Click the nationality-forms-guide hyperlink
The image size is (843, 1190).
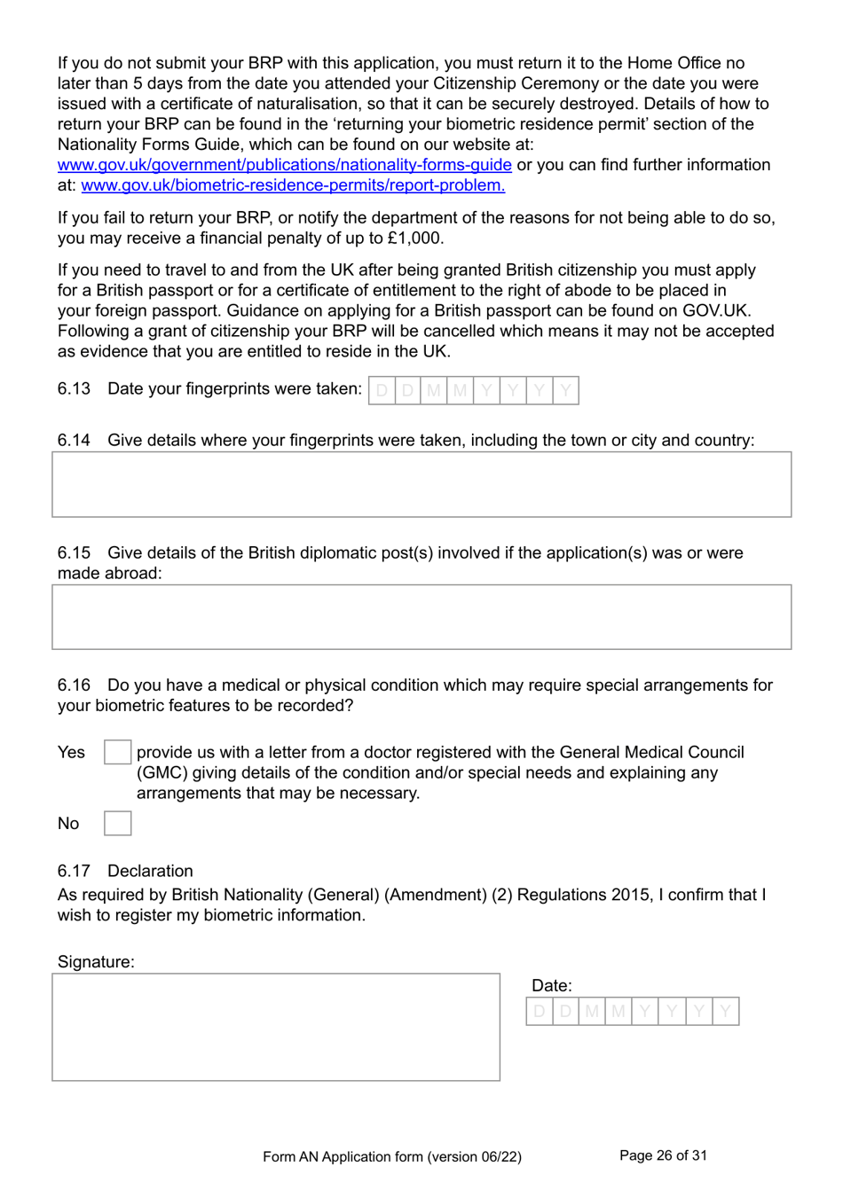tap(284, 165)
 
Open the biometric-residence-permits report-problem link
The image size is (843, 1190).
tap(293, 185)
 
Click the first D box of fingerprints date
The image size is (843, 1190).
tap(382, 390)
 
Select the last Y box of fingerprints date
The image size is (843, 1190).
tap(565, 390)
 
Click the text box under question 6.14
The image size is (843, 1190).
tap(421, 484)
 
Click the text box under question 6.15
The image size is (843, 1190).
tap(421, 616)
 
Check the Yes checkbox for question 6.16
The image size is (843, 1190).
tap(117, 752)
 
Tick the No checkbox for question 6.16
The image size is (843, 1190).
tap(117, 823)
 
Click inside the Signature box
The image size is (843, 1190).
tap(276, 1027)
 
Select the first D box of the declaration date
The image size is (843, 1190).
tap(540, 1011)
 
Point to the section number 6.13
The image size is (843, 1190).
tap(74, 389)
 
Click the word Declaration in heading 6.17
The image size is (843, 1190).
tap(150, 871)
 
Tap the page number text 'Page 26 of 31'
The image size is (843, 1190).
tap(663, 1155)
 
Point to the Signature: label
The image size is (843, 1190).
tap(96, 962)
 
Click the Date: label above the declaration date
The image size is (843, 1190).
tap(551, 985)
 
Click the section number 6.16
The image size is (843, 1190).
tap(74, 685)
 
